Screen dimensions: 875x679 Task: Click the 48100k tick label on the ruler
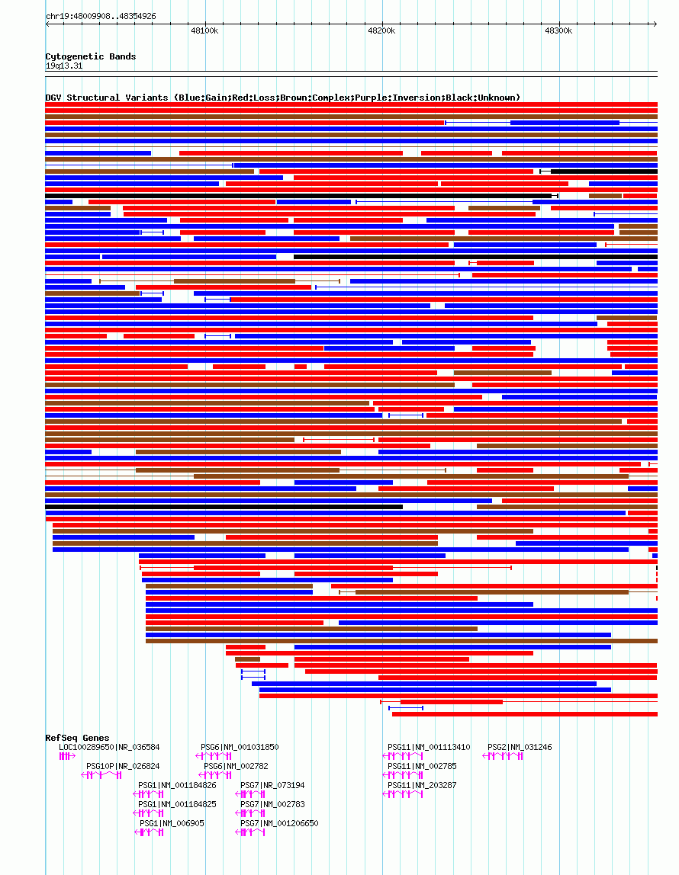(204, 31)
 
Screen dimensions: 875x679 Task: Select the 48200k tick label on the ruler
(381, 31)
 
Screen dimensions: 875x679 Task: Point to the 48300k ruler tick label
(558, 31)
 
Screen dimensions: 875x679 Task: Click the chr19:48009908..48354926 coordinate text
(101, 16)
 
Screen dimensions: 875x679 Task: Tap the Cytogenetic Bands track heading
(91, 56)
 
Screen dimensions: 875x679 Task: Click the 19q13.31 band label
(64, 66)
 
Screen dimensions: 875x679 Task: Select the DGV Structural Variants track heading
(283, 98)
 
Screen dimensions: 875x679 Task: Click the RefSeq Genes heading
(77, 738)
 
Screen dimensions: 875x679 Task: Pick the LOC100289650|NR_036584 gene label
(109, 747)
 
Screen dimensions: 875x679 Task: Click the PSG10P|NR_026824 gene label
(123, 766)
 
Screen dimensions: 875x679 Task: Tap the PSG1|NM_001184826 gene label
(177, 784)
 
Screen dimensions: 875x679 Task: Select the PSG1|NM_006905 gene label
(172, 823)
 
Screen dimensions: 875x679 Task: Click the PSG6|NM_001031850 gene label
(240, 747)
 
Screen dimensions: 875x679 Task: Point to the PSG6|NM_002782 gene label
(236, 766)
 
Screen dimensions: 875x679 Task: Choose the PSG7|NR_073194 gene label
(272, 785)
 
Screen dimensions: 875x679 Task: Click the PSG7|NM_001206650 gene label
(279, 823)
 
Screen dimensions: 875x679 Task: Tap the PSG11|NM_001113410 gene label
(429, 747)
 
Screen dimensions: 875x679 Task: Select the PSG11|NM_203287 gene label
(422, 785)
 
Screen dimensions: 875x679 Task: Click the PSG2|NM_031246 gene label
(520, 747)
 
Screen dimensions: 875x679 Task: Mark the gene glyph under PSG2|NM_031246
(504, 756)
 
